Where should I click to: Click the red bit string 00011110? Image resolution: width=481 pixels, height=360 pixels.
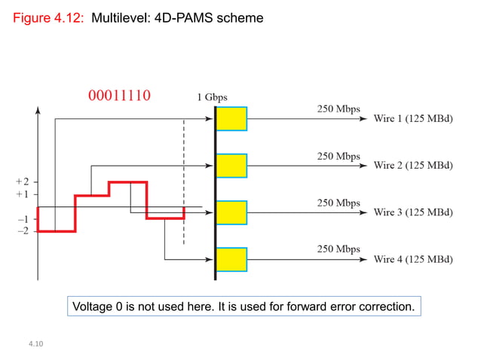pos(120,96)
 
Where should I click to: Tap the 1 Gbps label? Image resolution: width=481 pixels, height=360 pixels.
pos(212,97)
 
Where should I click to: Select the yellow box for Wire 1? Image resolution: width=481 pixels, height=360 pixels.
pos(231,118)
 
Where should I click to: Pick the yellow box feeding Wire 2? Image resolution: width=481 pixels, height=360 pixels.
pos(231,165)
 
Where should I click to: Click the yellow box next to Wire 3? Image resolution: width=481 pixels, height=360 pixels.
pos(231,212)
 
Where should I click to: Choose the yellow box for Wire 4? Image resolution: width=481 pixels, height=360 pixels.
pos(231,259)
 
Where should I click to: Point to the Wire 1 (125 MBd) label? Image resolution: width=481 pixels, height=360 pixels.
pos(412,119)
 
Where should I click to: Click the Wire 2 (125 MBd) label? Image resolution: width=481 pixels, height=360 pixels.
pos(412,166)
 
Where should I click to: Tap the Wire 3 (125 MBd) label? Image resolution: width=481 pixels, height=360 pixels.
pos(412,212)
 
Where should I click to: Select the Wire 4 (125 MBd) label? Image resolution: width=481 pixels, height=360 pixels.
pos(412,260)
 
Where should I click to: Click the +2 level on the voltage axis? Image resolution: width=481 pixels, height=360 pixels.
pos(22,182)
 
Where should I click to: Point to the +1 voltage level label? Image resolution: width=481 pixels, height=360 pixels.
pos(22,194)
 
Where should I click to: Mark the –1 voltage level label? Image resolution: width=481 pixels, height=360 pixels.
pos(23,219)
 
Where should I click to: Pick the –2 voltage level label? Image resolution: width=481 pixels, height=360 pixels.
pos(23,230)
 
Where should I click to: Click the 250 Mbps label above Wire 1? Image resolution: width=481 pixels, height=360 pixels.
pos(338,108)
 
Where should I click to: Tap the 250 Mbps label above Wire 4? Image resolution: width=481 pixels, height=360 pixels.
pos(338,249)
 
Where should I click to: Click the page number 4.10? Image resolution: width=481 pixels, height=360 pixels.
pos(35,343)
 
